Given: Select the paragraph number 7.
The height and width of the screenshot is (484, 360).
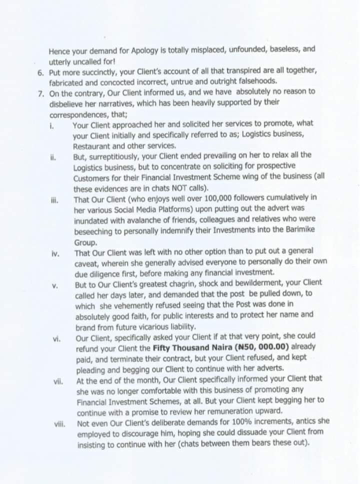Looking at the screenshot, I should point(40,91).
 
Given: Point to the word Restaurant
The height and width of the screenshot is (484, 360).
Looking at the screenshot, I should point(92,146).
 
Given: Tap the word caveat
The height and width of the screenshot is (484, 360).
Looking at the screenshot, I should point(87,262).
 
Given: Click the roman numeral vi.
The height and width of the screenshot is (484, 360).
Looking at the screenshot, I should point(56,339).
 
